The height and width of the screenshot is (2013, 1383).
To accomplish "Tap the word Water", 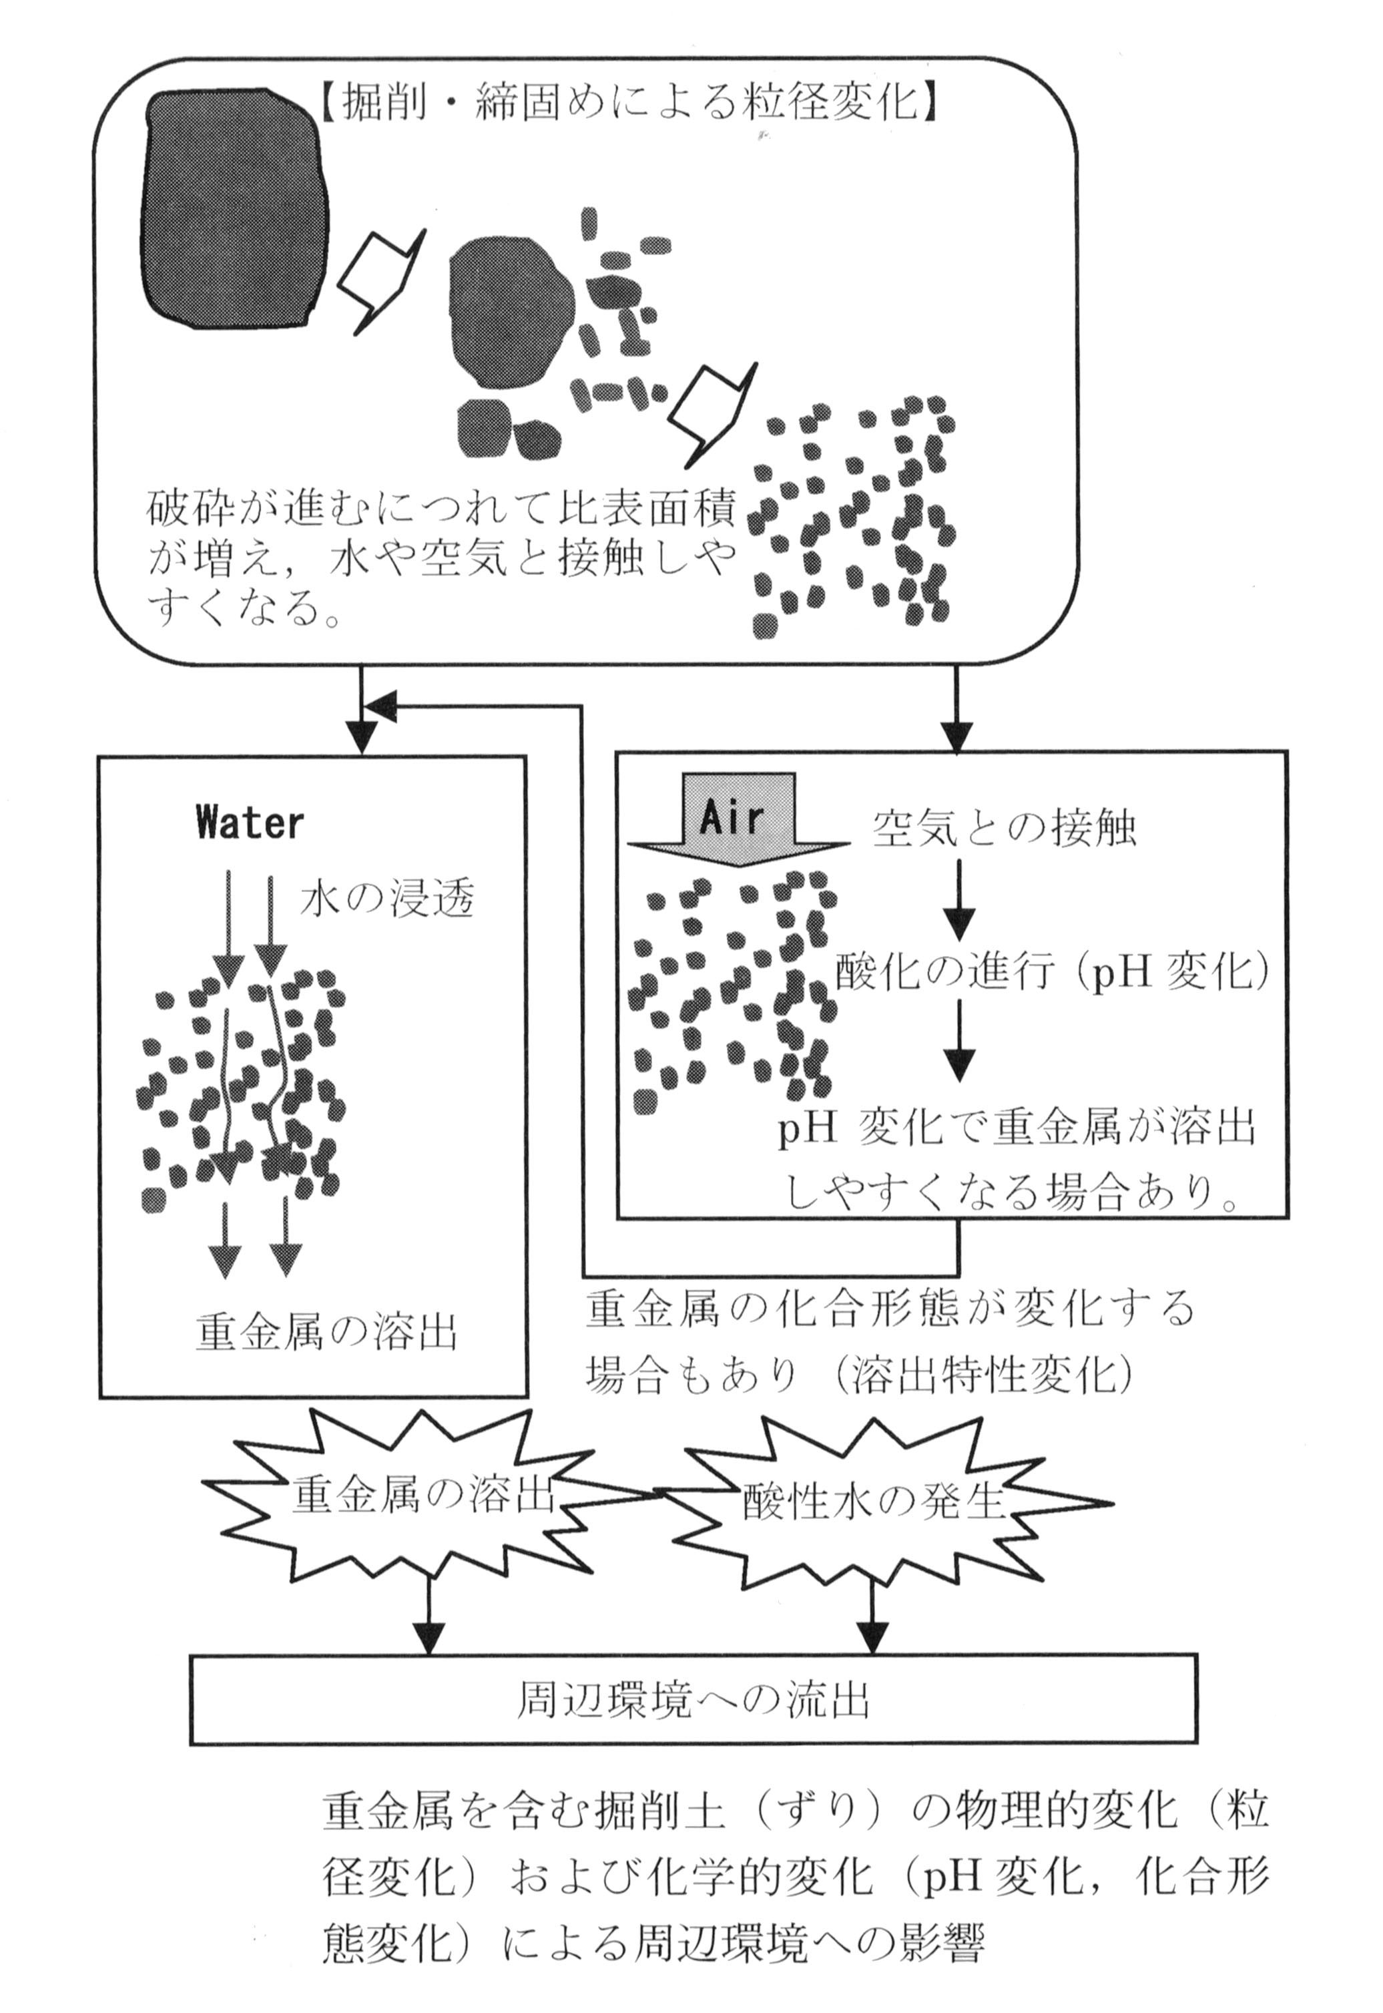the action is (x=250, y=823).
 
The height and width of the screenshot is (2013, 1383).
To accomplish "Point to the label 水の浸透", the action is (x=387, y=901).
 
